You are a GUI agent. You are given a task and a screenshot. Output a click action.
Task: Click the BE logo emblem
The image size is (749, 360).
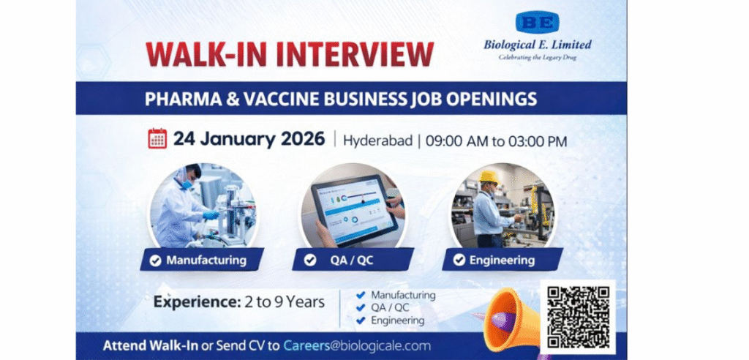(x=537, y=22)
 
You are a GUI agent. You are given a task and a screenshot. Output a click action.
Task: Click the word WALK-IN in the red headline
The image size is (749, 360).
(x=208, y=55)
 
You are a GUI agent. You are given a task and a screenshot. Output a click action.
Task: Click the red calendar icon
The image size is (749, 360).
(x=157, y=139)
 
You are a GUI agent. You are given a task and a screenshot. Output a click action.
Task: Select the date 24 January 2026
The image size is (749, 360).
(x=249, y=139)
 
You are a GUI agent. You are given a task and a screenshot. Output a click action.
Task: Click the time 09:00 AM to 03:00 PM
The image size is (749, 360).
(x=497, y=140)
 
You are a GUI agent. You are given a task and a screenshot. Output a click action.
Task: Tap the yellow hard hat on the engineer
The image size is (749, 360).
(x=488, y=177)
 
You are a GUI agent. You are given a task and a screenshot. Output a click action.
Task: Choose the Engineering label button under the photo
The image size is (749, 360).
(x=503, y=260)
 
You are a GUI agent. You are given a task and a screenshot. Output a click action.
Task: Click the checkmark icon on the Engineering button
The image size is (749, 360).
(x=459, y=260)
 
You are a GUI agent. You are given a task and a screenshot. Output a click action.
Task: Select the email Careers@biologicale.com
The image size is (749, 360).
(x=357, y=345)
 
